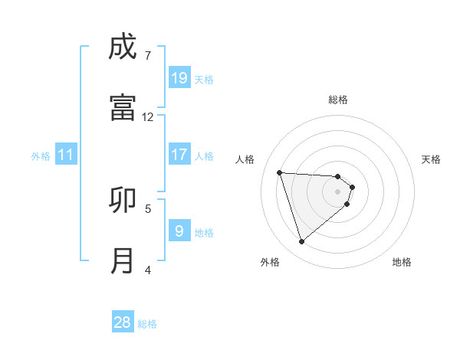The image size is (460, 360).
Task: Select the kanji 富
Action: coord(123,106)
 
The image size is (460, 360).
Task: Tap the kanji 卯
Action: coord(123,200)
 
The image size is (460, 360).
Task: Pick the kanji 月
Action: coord(123,260)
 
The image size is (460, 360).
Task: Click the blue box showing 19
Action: coord(179,77)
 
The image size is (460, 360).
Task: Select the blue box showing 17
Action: coord(179,154)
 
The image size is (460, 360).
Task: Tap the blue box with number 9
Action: coord(179,231)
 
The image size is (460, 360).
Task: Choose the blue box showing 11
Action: coord(66,155)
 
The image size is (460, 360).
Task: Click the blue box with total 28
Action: coord(123,322)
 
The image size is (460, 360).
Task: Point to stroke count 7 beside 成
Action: coord(148,55)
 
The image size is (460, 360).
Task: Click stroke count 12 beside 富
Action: coord(148,116)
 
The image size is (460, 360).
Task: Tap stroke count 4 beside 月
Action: coord(148,270)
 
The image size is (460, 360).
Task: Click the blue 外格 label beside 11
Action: coord(41,156)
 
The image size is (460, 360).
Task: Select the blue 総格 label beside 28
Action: coord(147,324)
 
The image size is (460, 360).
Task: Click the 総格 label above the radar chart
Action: coord(338,100)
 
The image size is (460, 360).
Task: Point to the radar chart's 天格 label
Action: coord(432,159)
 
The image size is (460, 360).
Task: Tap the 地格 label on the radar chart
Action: coord(402,262)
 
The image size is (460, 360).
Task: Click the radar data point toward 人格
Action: coord(280,172)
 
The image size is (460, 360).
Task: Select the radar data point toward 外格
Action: coord(302,242)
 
